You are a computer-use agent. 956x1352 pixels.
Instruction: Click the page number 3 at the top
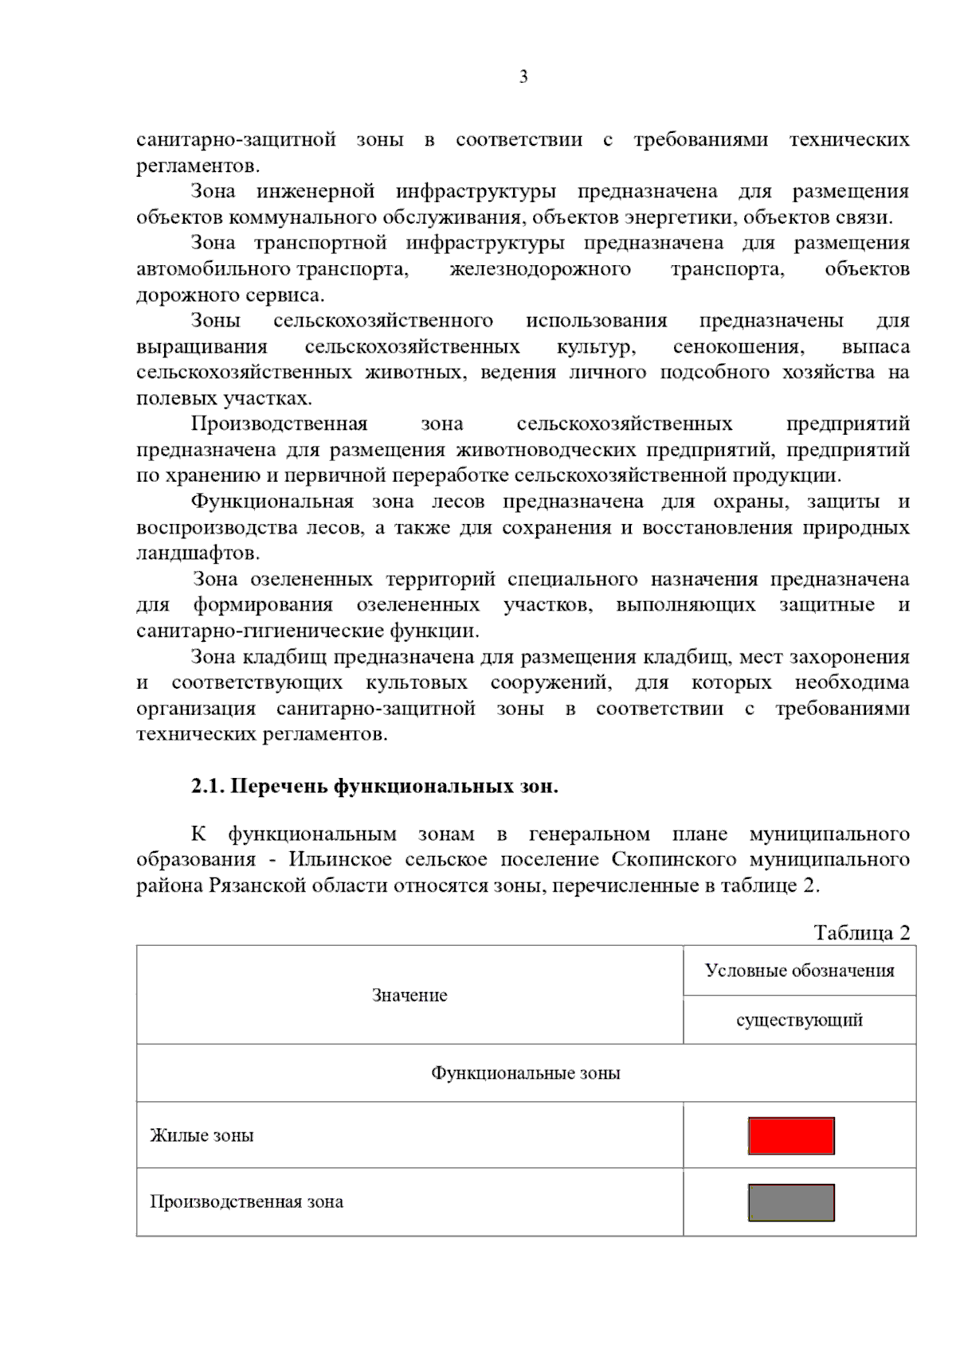523,77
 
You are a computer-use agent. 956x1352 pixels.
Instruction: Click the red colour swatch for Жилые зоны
790,1135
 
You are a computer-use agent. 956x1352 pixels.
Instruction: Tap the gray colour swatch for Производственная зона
790,1202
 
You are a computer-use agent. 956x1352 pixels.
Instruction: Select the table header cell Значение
409,995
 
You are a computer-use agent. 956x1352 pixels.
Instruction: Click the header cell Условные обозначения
799,971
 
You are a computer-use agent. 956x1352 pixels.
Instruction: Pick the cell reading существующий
799,1020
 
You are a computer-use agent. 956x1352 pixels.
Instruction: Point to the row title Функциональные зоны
526,1073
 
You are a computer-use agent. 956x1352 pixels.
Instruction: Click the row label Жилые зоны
202,1135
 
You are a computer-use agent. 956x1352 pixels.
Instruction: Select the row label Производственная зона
246,1202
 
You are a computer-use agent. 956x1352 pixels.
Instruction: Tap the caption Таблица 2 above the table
861,932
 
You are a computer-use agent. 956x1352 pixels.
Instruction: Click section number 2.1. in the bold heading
208,787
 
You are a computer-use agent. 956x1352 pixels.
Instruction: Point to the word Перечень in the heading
278,787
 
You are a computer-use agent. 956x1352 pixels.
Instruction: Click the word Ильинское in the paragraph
340,860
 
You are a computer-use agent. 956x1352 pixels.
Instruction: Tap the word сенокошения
738,347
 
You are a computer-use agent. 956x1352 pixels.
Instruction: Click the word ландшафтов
198,553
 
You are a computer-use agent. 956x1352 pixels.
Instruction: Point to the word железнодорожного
539,270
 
